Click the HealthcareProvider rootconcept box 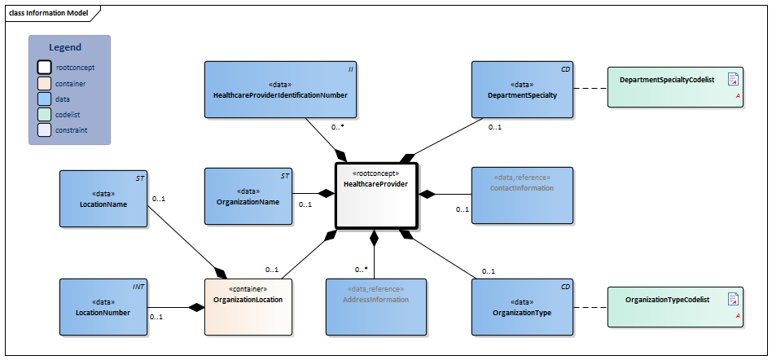375,195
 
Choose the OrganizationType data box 522,306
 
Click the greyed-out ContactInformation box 522,195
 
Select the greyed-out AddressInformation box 375,306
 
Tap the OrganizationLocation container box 248,306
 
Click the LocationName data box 103,198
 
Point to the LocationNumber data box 103,306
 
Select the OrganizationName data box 248,196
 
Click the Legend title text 65,47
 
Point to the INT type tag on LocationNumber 138,287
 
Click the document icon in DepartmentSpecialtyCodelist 733,79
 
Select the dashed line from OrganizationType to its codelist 590,307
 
